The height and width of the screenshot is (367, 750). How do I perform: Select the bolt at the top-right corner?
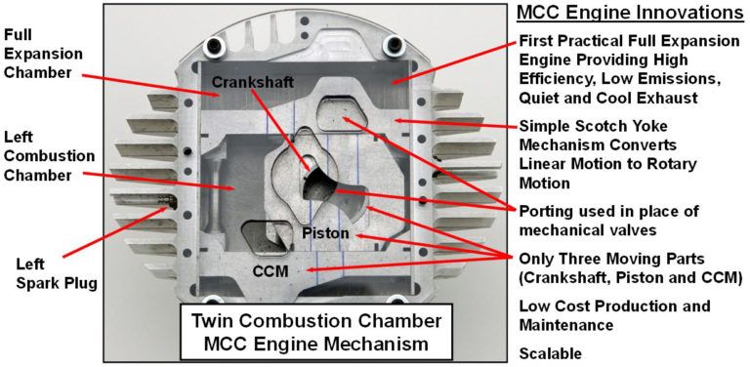[396, 43]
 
